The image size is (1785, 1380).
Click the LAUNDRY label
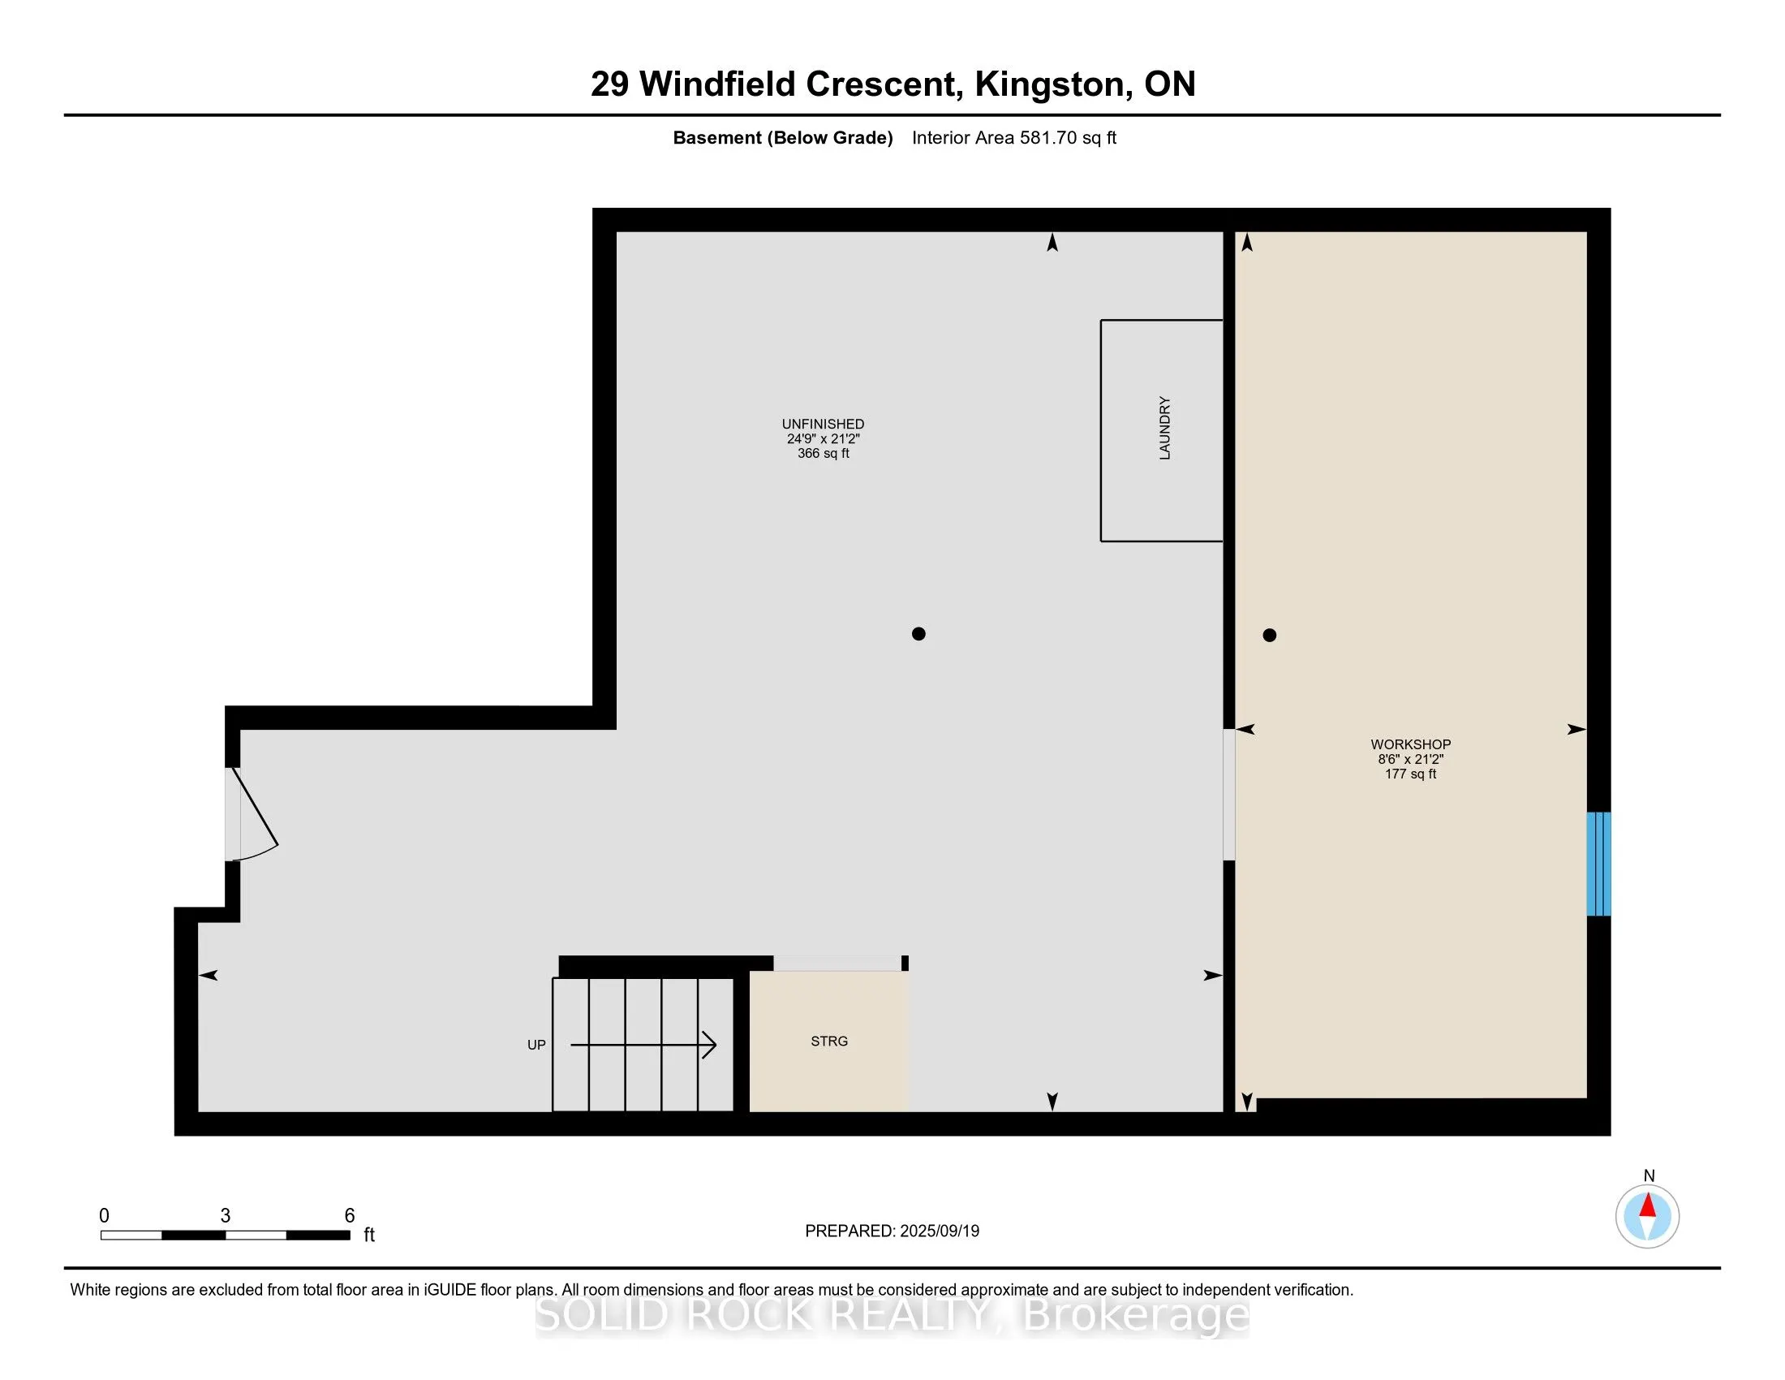(1164, 429)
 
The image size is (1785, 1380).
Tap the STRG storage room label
(828, 1041)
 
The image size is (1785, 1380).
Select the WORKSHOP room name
(1411, 744)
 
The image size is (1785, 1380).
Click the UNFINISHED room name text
(823, 424)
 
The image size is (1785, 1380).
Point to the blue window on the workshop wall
(1598, 864)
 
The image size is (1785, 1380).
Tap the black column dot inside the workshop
(1269, 636)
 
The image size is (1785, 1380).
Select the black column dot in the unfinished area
(918, 634)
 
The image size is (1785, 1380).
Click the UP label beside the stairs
(536, 1045)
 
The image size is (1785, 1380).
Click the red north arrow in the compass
(1648, 1205)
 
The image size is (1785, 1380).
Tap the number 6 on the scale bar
(350, 1216)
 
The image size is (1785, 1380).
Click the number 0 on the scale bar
(104, 1216)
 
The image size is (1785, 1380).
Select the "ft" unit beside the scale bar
(368, 1235)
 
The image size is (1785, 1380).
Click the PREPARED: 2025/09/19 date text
(892, 1231)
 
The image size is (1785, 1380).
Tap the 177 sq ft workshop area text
(1411, 774)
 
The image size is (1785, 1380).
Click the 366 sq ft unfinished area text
(823, 453)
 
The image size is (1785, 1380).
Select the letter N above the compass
(1649, 1175)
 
